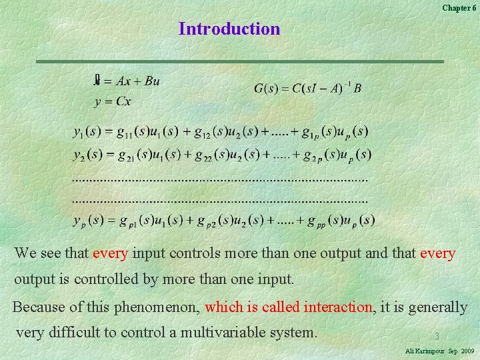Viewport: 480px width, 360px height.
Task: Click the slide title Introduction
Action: tap(229, 29)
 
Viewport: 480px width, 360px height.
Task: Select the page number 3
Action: tap(437, 337)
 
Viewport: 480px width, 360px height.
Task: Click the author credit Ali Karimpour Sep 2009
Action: tap(439, 351)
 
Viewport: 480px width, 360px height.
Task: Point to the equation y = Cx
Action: tap(113, 102)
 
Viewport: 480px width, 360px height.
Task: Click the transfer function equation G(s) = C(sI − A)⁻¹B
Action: tap(307, 88)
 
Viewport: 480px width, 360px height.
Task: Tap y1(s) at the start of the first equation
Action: tap(89, 132)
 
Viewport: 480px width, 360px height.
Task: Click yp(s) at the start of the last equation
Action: tap(89, 220)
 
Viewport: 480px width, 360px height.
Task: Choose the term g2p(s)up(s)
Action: tap(337, 155)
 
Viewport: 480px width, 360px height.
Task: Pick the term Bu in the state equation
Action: tap(151, 82)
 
